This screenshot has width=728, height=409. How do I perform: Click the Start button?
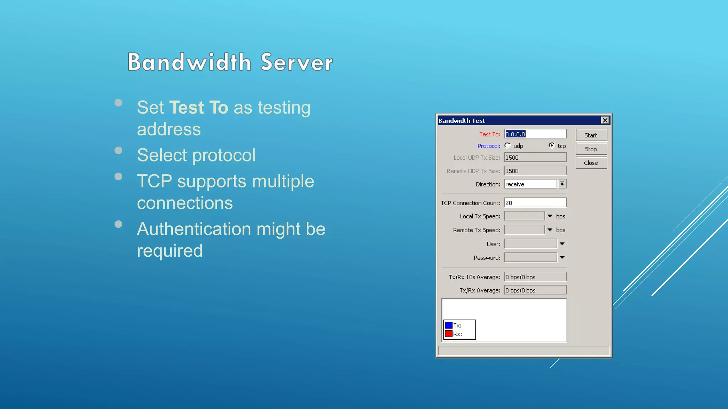(591, 135)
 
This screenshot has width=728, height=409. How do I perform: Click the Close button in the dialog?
(591, 163)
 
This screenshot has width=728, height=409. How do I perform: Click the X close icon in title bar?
(605, 120)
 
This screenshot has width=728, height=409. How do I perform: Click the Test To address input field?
(535, 134)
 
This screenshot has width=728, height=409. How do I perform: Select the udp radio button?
(508, 146)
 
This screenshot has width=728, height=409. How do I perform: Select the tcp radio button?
(551, 146)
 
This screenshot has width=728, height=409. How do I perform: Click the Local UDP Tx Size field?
(535, 158)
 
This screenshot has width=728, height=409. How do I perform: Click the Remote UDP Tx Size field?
(535, 171)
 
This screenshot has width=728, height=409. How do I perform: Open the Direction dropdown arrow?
(562, 184)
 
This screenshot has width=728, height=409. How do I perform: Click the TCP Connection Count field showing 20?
(535, 203)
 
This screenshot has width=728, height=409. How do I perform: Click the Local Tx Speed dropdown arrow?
(550, 216)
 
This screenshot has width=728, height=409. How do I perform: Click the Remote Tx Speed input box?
(524, 230)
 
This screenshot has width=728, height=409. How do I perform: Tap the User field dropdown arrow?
(562, 244)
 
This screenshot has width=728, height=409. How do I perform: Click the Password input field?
(530, 257)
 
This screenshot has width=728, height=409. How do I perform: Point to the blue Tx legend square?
(449, 325)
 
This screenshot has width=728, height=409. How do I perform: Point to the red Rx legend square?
(449, 334)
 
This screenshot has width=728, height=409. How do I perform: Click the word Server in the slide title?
(296, 62)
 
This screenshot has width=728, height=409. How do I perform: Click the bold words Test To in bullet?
(198, 108)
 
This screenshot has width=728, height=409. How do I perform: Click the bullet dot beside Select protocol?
(118, 151)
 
